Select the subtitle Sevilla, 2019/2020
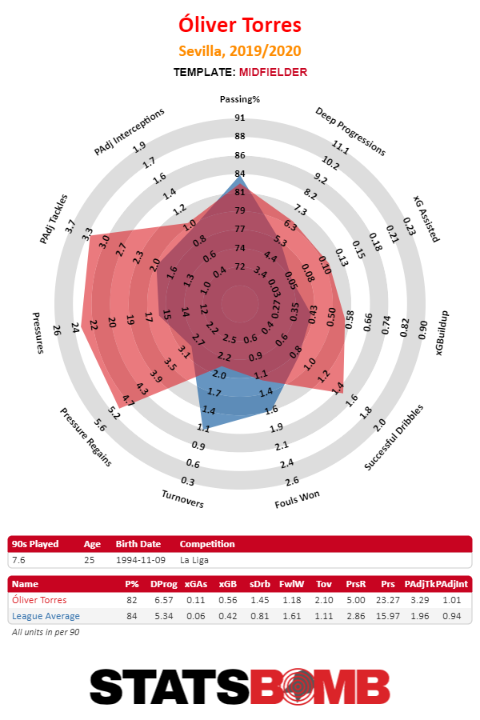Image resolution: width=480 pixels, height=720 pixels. point(240,51)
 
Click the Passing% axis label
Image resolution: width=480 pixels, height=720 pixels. point(240,99)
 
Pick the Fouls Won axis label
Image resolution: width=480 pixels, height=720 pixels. point(298,499)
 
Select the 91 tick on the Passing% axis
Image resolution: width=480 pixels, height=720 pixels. point(240,118)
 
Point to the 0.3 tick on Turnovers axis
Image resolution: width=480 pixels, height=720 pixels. point(189,481)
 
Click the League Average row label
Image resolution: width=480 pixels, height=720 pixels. point(46,615)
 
